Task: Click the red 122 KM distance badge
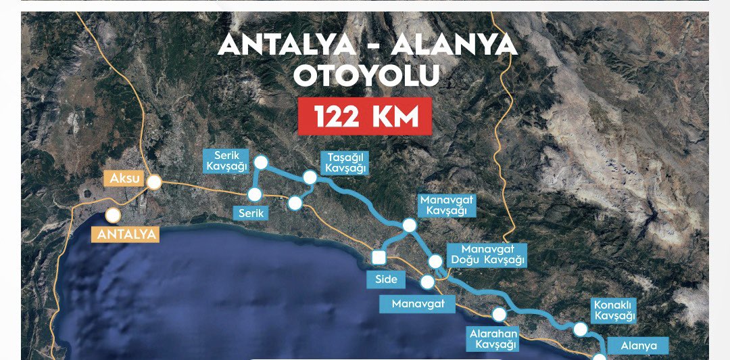(x=364, y=117)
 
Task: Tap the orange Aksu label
(x=123, y=179)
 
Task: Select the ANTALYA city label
(x=124, y=235)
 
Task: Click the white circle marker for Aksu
(x=155, y=182)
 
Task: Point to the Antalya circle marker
(x=113, y=216)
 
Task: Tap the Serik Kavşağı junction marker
(x=261, y=162)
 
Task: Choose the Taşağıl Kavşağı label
(x=344, y=162)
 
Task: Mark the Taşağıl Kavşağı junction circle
(x=310, y=177)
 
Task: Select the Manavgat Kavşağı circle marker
(x=408, y=225)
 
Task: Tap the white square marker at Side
(x=379, y=256)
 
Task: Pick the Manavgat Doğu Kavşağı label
(x=487, y=254)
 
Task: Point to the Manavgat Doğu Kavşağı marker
(x=437, y=261)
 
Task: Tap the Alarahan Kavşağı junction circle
(x=500, y=314)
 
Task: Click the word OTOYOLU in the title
(x=367, y=76)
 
